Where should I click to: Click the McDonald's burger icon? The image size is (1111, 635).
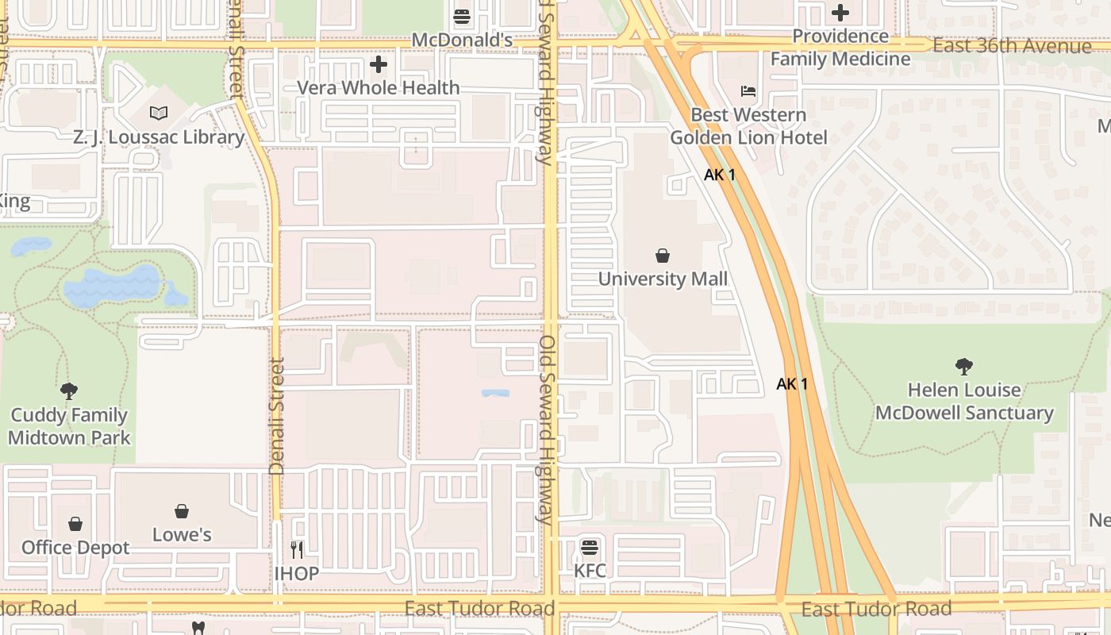pos(462,16)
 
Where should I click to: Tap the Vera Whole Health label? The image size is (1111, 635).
pos(379,87)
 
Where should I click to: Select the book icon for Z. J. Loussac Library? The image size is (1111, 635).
pos(159,114)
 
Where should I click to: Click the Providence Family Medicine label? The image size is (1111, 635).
pos(840,48)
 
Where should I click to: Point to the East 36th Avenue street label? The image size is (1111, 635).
pos(1012,46)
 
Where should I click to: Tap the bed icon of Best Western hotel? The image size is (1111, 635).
pos(748,91)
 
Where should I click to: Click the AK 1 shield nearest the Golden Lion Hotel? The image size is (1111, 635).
pos(719,175)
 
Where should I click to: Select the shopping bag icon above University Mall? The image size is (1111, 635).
pos(663,256)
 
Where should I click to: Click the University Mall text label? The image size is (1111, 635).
pos(663,279)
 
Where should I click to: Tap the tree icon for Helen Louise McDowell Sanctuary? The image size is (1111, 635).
pos(964,367)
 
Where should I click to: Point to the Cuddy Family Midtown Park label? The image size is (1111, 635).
pos(69,426)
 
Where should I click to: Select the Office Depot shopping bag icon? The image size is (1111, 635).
pos(75,524)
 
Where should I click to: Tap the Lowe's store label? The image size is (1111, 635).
pos(182,535)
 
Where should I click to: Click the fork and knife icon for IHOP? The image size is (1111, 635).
pos(297,549)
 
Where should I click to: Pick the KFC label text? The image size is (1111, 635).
pos(590,571)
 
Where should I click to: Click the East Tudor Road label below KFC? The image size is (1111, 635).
pos(479,609)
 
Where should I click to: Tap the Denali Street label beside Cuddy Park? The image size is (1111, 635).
pos(277,417)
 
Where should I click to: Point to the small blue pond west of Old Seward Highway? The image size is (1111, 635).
pos(495,393)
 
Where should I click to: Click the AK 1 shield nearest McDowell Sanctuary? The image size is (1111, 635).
pos(792,384)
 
